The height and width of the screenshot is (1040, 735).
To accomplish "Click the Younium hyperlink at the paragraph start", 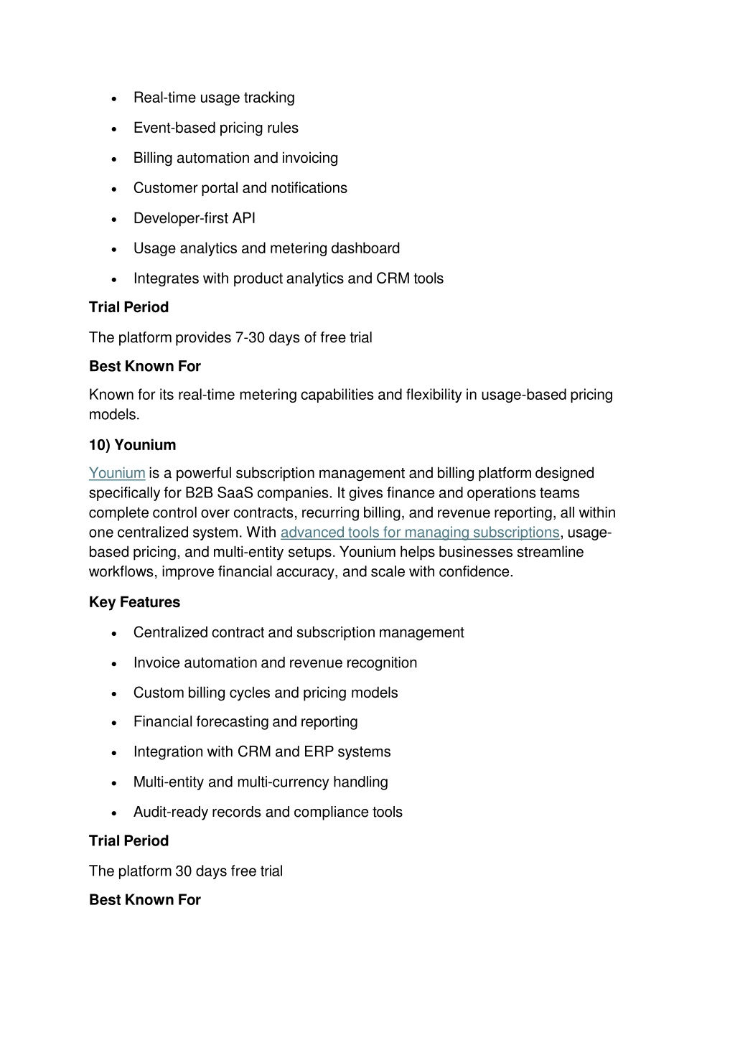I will tap(117, 473).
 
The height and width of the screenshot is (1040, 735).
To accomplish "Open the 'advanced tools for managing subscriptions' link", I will tap(419, 533).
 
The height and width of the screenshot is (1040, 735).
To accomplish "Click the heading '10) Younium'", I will tap(132, 445).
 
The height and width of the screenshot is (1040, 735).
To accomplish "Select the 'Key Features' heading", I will tap(134, 602).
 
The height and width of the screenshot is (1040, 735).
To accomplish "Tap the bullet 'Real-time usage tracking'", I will tap(214, 98).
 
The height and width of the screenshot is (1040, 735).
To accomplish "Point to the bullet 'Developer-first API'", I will tap(194, 218).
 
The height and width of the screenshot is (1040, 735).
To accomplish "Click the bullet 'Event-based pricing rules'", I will tap(215, 128).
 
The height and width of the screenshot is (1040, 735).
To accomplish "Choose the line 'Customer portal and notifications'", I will tap(240, 188).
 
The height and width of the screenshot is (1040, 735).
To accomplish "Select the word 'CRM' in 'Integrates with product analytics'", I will tap(393, 278).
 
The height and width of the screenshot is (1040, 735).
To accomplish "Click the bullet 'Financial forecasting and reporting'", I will tap(245, 721).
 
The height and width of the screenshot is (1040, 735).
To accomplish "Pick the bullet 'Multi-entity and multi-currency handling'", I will tap(261, 782).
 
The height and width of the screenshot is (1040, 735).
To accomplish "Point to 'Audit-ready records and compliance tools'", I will tap(268, 812).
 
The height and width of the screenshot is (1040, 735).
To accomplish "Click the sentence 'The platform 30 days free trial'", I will tap(186, 871).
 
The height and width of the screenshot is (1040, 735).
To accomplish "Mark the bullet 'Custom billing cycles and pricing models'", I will tap(266, 693).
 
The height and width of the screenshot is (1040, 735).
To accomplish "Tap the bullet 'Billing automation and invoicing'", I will tap(235, 158).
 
